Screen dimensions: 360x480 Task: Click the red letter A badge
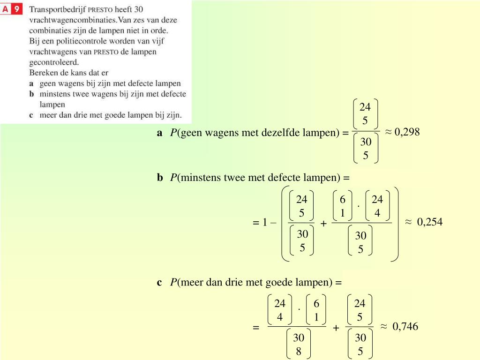[6, 9]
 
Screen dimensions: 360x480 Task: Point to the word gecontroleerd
[54, 62]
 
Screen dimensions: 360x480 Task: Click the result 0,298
[407, 132]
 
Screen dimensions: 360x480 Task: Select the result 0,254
[429, 222]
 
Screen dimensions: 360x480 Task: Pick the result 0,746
[405, 326]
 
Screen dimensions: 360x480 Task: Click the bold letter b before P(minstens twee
[160, 178]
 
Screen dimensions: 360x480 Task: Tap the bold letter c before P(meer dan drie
[160, 282]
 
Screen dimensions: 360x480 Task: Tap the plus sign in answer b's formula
[323, 224]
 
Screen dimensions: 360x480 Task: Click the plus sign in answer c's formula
[336, 328]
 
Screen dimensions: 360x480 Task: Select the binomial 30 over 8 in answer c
[299, 345]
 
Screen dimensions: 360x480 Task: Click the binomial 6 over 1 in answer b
[343, 206]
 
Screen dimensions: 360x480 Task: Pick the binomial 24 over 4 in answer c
[280, 310]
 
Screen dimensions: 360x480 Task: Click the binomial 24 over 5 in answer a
[365, 114]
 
